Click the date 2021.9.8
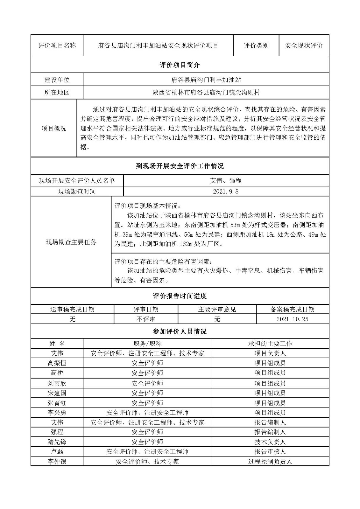tap(226, 191)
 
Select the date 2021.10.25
tap(292, 319)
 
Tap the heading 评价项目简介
tap(180, 65)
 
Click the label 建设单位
tap(57, 80)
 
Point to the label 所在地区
tap(57, 93)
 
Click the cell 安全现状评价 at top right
tap(304, 45)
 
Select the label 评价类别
tap(256, 45)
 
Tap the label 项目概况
tap(54, 128)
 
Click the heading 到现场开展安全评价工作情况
tap(180, 166)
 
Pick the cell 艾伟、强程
tap(226, 180)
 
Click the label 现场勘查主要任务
tap(71, 242)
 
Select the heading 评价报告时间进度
tap(180, 296)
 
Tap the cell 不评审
tap(146, 319)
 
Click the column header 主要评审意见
tap(217, 309)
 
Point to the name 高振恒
tap(57, 363)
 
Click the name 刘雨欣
tap(57, 383)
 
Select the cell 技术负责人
tap(270, 442)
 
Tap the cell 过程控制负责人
tap(270, 461)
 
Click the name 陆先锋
tap(57, 442)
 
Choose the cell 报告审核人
tap(270, 451)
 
